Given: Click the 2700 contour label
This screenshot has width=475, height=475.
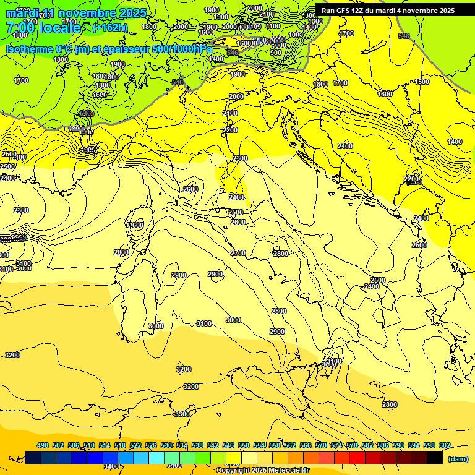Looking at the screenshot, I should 238,253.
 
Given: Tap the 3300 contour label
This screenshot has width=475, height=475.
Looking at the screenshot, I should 182,414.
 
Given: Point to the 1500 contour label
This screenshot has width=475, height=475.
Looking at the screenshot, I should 422,82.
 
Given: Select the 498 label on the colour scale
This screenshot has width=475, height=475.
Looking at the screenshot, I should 43,445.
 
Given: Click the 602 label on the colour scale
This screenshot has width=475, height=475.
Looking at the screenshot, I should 445,445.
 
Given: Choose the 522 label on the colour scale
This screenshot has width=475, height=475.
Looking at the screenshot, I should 135,445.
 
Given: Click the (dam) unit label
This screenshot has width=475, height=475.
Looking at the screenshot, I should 458,459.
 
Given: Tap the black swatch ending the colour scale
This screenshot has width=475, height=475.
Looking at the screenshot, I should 435,458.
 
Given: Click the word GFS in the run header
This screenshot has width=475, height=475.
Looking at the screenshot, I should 343,11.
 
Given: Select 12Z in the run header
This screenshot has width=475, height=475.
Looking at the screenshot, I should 359,11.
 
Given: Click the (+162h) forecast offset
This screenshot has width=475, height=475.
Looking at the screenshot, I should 109,28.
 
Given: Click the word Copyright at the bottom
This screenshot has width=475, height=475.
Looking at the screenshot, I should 233,471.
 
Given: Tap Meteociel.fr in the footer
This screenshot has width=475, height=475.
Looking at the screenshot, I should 288,471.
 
